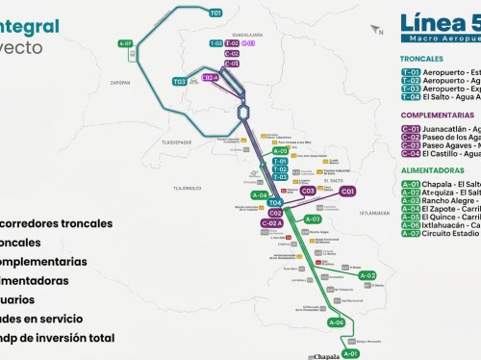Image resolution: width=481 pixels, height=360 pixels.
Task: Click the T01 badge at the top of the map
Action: pyautogui.click(x=215, y=13)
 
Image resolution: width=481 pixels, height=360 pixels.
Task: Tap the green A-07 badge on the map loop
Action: pyautogui.click(x=125, y=43)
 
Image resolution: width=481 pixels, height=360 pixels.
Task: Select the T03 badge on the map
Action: pyautogui.click(x=180, y=82)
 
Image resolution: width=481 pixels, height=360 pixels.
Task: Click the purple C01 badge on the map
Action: pyautogui.click(x=347, y=192)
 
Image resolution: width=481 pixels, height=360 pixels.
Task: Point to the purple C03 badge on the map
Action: pyautogui.click(x=308, y=191)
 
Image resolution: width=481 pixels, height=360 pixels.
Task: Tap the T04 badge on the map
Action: pyautogui.click(x=275, y=203)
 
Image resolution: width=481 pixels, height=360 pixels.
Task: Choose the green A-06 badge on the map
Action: pyautogui.click(x=337, y=322)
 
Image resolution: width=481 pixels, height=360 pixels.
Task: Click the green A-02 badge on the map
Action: pyautogui.click(x=367, y=275)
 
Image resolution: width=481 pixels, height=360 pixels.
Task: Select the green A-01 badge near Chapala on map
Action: pyautogui.click(x=350, y=353)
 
